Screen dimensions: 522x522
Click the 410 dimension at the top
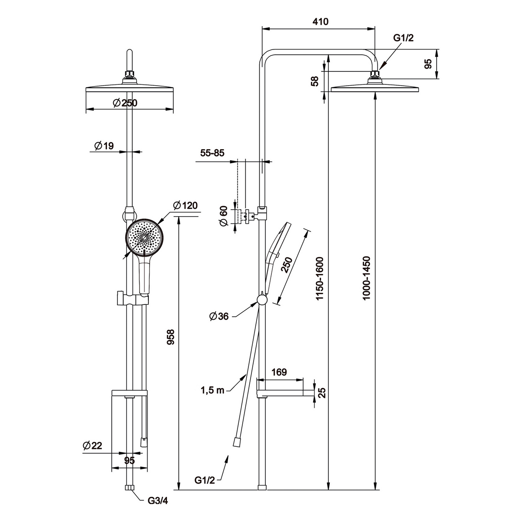pyautogui.click(x=319, y=21)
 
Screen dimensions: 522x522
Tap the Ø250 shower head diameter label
pyautogui.click(x=125, y=103)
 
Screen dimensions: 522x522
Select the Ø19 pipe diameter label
pyautogui.click(x=104, y=146)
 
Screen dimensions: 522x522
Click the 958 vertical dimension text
pyautogui.click(x=171, y=337)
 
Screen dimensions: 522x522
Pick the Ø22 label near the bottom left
pyautogui.click(x=93, y=445)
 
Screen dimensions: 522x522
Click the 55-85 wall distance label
pyautogui.click(x=212, y=153)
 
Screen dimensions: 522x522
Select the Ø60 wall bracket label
pyautogui.click(x=223, y=216)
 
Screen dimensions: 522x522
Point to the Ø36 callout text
pyautogui.click(x=218, y=317)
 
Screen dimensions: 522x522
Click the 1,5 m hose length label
pyautogui.click(x=212, y=390)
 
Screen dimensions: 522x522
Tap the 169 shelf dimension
pyautogui.click(x=279, y=372)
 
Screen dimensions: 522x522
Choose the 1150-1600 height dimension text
pyautogui.click(x=320, y=278)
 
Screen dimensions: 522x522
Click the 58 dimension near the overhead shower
pyautogui.click(x=315, y=81)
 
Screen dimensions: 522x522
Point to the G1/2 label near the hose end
pyautogui.click(x=205, y=480)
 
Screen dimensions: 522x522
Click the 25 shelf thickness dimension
pyautogui.click(x=322, y=393)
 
